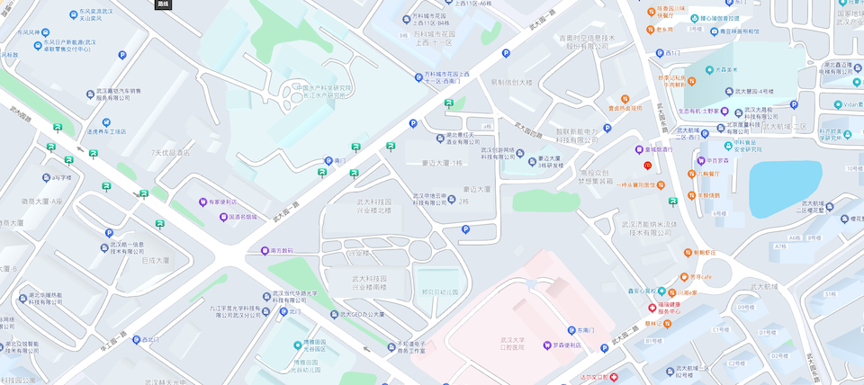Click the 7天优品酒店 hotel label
point(171,153)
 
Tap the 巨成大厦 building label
point(155,260)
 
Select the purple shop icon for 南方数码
point(265,251)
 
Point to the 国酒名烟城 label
point(242,217)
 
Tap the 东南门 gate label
point(588,330)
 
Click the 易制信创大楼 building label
point(511,82)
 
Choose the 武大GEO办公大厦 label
point(362,314)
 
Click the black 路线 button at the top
point(163,4)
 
